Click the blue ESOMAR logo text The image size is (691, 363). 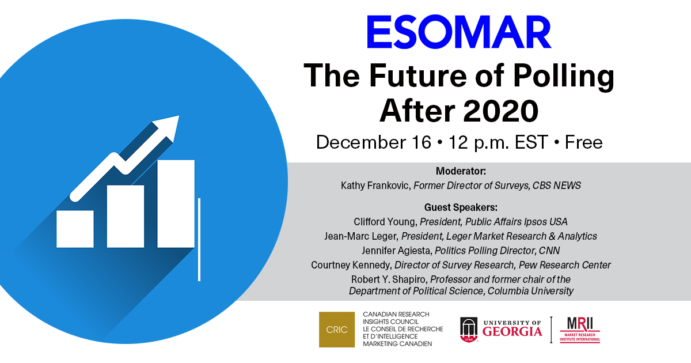pyautogui.click(x=459, y=32)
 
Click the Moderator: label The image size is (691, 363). pyautogui.click(x=461, y=171)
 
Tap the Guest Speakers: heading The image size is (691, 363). pyautogui.click(x=461, y=207)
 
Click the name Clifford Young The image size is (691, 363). pyautogui.click(x=385, y=222)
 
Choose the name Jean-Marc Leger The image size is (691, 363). pyautogui.click(x=361, y=236)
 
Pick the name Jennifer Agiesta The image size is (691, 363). pyautogui.click(x=397, y=251)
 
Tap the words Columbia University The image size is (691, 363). pyautogui.click(x=530, y=291)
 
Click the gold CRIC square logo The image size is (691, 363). pyautogui.click(x=336, y=330)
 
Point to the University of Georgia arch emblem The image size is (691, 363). pyautogui.click(x=469, y=330)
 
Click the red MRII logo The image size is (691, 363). pyautogui.click(x=580, y=330)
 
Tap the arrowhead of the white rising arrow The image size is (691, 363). pyautogui.click(x=168, y=127)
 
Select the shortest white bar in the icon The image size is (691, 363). pyautogui.click(x=75, y=229)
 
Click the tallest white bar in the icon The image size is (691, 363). pyautogui.click(x=176, y=204)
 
